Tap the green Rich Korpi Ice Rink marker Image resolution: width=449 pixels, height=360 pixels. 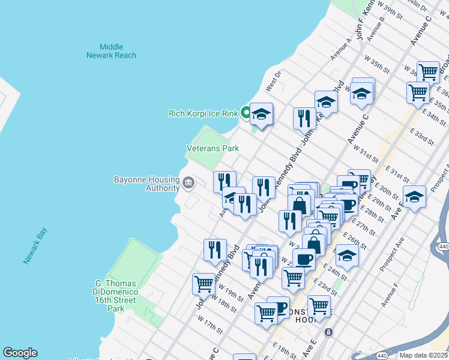click(246, 112)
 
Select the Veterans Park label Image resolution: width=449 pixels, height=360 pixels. click(212, 148)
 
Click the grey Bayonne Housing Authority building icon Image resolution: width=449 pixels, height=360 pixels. click(188, 182)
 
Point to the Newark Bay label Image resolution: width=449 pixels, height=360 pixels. click(35, 249)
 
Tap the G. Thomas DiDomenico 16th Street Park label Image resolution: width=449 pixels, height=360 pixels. click(109, 296)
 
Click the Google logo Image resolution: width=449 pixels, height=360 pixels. click(20, 353)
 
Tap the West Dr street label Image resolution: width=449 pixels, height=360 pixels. click(273, 79)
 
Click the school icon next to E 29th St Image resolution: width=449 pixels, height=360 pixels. click(414, 196)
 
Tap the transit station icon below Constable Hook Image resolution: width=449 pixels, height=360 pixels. click(328, 332)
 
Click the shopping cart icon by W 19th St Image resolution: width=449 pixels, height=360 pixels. click(203, 284)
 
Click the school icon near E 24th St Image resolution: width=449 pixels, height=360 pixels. click(346, 256)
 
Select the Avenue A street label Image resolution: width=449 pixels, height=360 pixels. click(340, 50)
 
